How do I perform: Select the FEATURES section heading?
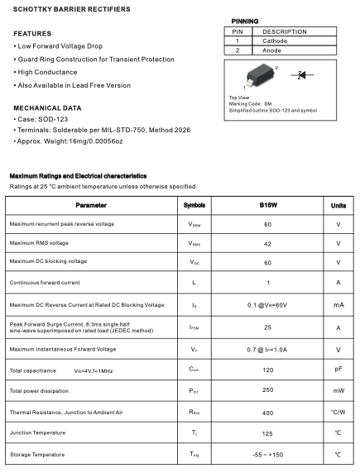click(32, 33)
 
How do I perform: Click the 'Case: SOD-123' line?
click(46, 120)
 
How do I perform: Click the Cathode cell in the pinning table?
click(275, 41)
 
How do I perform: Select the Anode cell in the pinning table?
click(274, 50)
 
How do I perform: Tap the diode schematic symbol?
click(301, 75)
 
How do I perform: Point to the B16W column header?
click(267, 204)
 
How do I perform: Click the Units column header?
click(338, 204)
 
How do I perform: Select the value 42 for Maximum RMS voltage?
click(267, 243)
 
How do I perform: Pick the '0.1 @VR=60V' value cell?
click(267, 304)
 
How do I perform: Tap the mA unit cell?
click(338, 304)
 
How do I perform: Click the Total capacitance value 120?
click(267, 369)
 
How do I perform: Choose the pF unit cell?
click(338, 369)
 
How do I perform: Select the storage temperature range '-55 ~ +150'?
click(267, 455)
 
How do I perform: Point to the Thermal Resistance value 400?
click(267, 411)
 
